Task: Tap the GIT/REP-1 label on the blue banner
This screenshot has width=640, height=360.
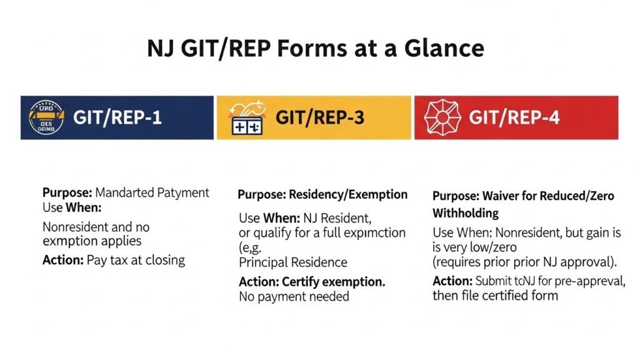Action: click(117, 117)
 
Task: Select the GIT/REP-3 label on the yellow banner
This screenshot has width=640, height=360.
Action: click(319, 117)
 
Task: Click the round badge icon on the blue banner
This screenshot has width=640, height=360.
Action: click(47, 117)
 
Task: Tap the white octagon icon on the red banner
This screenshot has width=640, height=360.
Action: click(441, 117)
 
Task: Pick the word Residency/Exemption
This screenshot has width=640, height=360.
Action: click(348, 194)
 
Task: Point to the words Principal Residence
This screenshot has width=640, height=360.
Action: click(293, 262)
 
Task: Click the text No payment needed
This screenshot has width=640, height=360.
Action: click(294, 296)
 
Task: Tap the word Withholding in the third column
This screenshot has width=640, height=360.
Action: click(466, 213)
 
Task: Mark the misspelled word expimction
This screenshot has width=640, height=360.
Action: click(371, 233)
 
